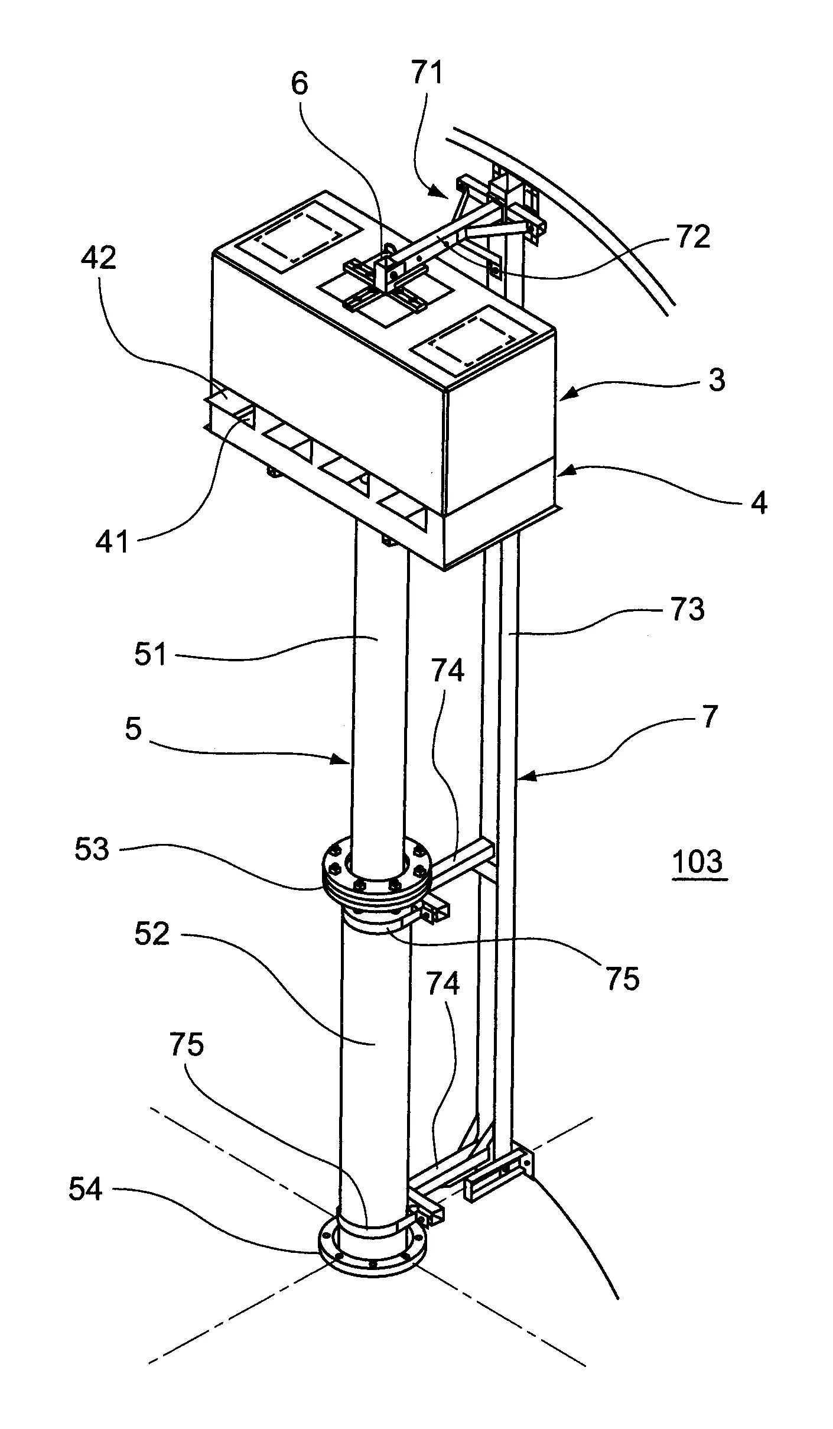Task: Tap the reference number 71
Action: coord(427,75)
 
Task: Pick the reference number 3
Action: coord(717,381)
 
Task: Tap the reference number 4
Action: coord(759,502)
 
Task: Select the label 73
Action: coord(687,609)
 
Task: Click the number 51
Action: coord(151,655)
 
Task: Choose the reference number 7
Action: coord(709,716)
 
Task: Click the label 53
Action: coord(92,849)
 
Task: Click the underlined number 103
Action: coord(698,861)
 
